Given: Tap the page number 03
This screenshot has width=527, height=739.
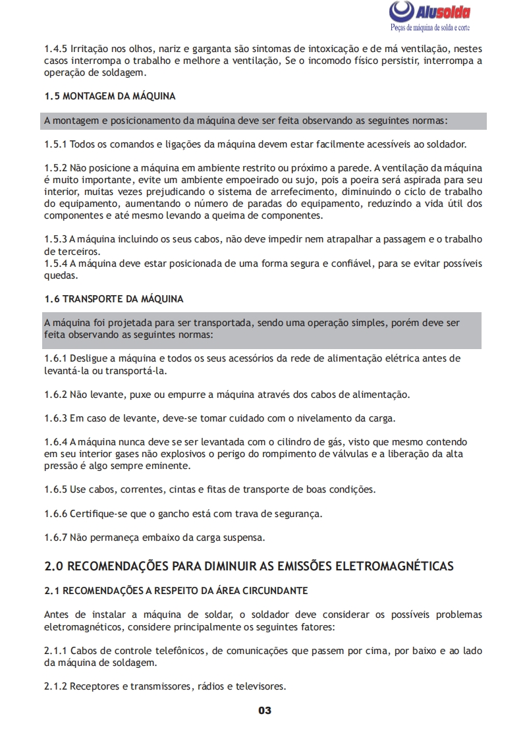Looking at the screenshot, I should (264, 710).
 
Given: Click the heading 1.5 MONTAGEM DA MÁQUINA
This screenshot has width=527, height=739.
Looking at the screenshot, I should (110, 96).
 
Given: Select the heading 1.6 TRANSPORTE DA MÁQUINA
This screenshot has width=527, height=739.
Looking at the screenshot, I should (114, 299).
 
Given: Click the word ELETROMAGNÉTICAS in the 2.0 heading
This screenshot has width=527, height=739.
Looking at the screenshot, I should (395, 566).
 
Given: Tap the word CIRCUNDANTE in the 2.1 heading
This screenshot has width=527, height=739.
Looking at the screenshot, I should (275, 590).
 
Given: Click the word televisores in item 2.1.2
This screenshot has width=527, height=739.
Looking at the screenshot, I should (262, 686).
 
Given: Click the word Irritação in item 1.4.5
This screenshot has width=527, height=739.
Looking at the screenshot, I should (91, 49).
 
